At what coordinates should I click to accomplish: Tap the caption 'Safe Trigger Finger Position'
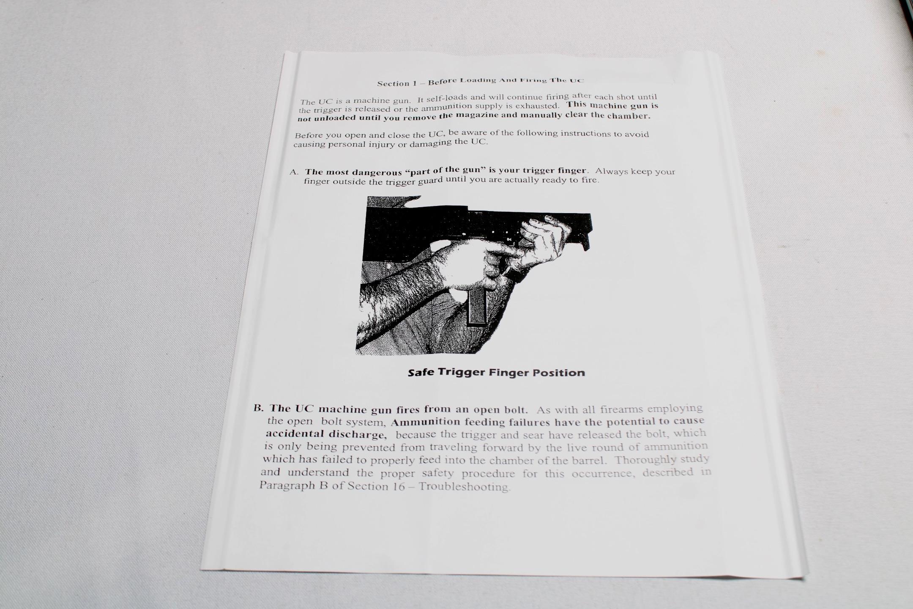coord(496,373)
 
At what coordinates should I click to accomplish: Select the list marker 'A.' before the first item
coord(294,172)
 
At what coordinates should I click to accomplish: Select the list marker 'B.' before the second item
coord(259,409)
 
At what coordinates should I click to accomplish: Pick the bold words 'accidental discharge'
coord(325,434)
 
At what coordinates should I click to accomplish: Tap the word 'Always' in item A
coord(611,171)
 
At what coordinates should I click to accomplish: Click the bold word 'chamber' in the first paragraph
coord(630,115)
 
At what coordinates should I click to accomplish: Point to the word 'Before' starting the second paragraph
coord(309,136)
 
